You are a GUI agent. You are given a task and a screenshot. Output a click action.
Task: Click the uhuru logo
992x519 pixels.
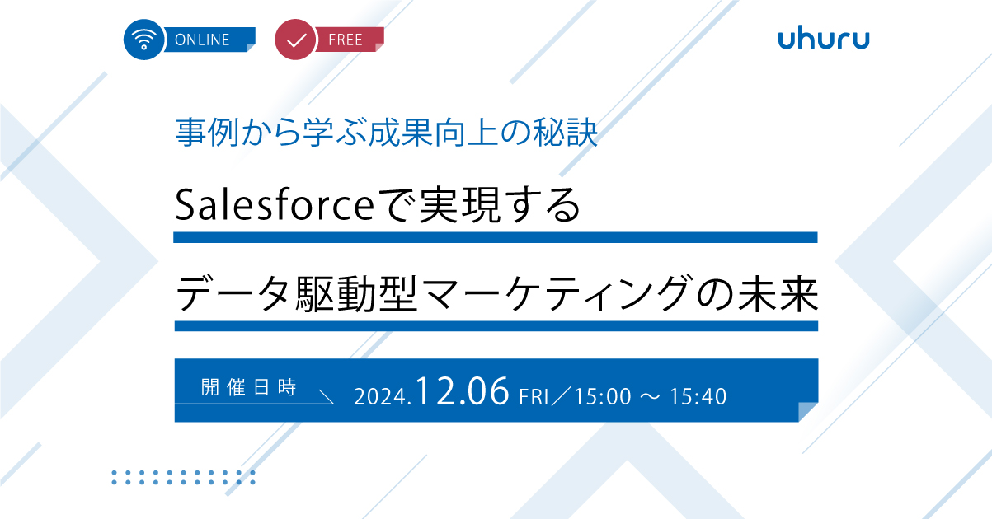coord(824,40)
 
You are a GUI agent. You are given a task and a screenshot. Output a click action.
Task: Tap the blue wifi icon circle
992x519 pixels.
coord(144,40)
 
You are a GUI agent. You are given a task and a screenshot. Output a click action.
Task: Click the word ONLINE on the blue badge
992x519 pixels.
coord(202,40)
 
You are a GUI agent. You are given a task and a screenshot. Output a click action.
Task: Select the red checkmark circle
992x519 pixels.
coord(295,40)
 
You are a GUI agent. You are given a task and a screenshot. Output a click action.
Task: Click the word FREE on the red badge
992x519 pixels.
coord(346,40)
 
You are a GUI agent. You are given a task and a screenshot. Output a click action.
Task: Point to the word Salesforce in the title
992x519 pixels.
coord(275,205)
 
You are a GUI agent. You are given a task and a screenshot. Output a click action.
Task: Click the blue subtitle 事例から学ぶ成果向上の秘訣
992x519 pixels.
coord(387,133)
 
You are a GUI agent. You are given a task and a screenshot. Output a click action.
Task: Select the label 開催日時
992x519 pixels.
coord(248,387)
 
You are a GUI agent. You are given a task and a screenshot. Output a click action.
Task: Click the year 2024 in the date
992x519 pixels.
coord(380,396)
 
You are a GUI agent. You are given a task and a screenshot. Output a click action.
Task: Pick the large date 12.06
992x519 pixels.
coord(462,391)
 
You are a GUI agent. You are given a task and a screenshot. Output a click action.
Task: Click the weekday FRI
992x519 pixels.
coord(534,396)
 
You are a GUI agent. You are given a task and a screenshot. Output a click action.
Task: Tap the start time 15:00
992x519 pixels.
coord(603,396)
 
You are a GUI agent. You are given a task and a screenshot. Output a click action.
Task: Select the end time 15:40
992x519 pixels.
coord(698,396)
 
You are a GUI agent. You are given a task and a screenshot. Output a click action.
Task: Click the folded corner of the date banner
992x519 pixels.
coord(808,412)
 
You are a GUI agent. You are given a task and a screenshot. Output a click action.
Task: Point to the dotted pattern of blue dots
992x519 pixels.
coord(183,478)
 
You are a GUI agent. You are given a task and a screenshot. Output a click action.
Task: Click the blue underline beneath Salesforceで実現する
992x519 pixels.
coord(495,237)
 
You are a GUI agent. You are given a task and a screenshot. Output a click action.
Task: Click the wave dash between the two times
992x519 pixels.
coord(651,396)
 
